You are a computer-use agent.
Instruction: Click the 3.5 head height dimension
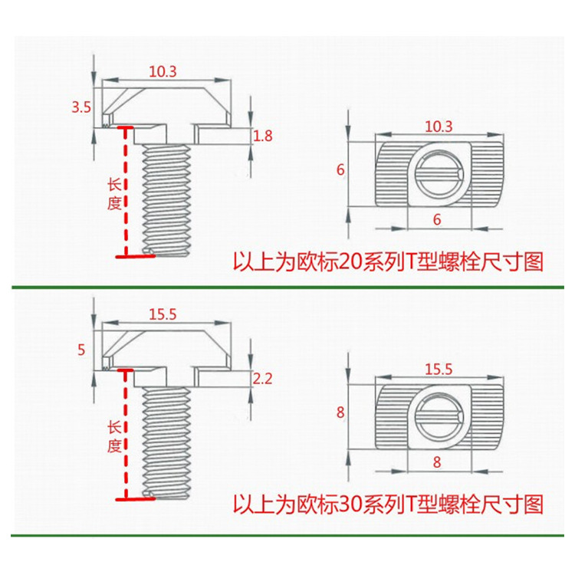coord(81,107)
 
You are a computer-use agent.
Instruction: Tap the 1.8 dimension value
coord(263,136)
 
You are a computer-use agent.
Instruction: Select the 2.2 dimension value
coord(262,379)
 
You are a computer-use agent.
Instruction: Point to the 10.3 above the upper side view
coord(163,71)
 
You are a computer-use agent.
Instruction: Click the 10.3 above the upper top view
coord(439,127)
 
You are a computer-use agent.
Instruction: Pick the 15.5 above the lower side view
coord(163,314)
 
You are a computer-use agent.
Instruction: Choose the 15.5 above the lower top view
coord(439,370)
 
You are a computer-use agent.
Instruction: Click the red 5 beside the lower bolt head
coord(81,350)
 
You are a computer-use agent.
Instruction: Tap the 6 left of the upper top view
coord(340,169)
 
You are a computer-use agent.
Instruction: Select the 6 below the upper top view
coord(437,220)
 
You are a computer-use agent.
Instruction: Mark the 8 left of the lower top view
coord(340,412)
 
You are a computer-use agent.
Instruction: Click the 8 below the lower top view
coord(437,462)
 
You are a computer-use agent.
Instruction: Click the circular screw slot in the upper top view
coord(439,173)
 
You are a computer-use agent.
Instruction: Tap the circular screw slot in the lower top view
coord(439,416)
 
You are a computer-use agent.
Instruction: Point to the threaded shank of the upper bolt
coord(166,200)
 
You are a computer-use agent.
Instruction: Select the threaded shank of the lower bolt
coord(166,442)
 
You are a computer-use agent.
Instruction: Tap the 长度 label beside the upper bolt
coord(114,195)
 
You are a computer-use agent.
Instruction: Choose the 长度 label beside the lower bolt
coord(114,437)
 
